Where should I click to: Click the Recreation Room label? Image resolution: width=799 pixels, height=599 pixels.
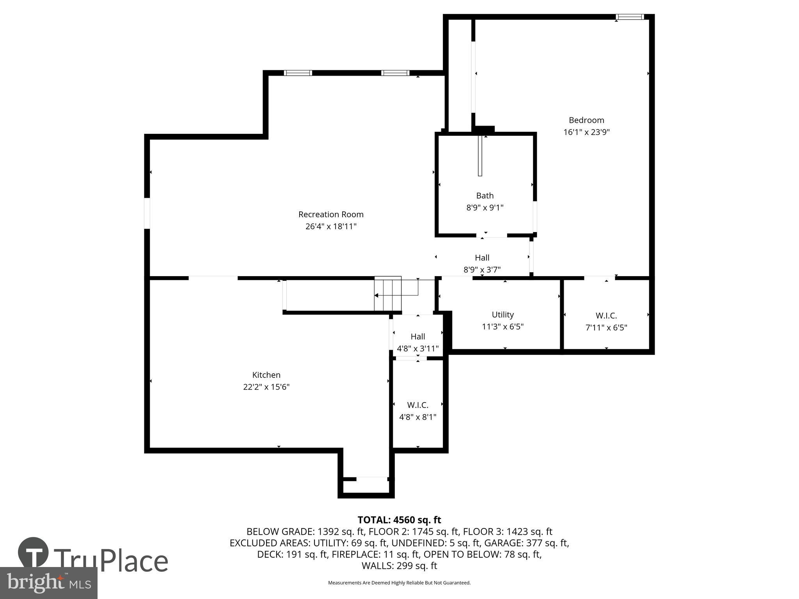click(331, 214)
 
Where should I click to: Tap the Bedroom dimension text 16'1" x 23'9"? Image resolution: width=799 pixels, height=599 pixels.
click(586, 132)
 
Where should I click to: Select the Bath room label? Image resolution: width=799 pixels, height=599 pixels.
click(485, 195)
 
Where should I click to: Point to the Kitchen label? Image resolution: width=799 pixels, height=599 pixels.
click(266, 375)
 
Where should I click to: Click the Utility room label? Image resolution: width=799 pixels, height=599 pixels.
click(502, 314)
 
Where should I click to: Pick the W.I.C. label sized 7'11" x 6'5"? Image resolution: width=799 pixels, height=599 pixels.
click(606, 316)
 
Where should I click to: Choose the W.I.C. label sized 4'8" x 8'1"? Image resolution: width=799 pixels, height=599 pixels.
click(417, 405)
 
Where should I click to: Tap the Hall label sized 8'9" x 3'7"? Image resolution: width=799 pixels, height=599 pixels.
click(482, 257)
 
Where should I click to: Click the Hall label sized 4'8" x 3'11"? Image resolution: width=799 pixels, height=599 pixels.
click(417, 336)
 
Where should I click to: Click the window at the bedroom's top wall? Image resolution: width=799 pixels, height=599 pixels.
click(629, 17)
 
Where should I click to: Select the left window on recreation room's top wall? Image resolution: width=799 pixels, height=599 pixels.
click(298, 73)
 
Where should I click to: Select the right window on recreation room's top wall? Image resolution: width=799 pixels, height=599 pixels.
click(395, 73)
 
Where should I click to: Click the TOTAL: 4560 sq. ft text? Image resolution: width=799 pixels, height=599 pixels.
click(399, 520)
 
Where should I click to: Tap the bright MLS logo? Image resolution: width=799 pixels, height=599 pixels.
click(48, 583)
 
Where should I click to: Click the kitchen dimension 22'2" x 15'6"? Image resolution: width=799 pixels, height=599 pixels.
click(266, 387)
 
